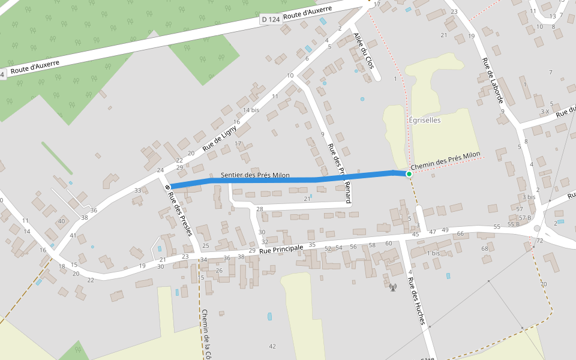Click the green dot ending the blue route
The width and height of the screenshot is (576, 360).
click(409, 174)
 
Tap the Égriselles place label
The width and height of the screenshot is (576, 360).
click(425, 120)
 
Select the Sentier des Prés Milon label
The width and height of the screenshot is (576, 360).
click(255, 175)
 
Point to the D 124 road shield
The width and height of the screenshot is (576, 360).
click(271, 20)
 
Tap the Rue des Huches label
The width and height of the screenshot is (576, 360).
click(416, 301)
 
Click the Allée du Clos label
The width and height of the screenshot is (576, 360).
click(364, 50)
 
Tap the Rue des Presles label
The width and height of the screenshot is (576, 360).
click(179, 213)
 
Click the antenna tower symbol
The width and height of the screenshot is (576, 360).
click(393, 287)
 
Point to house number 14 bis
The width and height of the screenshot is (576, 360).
click(251, 110)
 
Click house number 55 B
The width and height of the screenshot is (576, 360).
click(514, 224)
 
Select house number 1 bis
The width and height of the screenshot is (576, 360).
click(433, 254)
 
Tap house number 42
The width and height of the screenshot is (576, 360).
click(272, 346)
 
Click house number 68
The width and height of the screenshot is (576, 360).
click(485, 248)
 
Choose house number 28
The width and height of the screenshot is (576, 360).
click(260, 209)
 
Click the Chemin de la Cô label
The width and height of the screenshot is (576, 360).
click(206, 334)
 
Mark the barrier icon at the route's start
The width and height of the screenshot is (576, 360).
click(166, 187)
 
